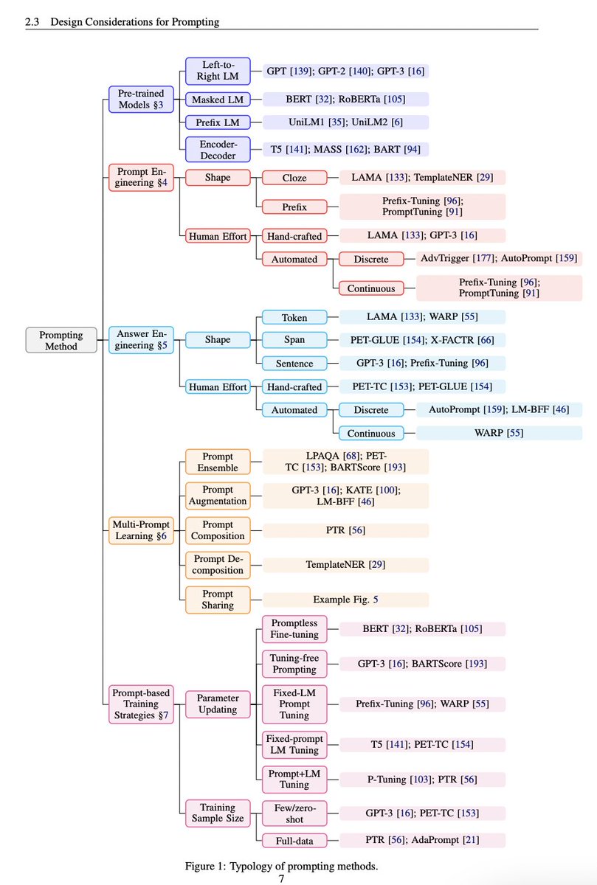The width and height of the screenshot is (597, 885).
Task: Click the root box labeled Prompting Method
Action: [x=61, y=340]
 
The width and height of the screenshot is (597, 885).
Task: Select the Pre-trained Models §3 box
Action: [x=141, y=99]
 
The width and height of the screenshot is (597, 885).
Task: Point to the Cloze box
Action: [x=295, y=177]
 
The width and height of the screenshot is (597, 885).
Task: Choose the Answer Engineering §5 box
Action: [x=141, y=339]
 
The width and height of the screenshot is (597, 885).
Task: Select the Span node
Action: [x=295, y=339]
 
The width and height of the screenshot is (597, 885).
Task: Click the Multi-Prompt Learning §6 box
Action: [x=141, y=530]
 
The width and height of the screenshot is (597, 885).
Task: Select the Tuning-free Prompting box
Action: [x=295, y=664]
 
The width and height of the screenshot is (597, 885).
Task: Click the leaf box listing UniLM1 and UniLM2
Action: [x=346, y=122]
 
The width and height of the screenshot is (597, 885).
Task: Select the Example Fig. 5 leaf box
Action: [x=346, y=600]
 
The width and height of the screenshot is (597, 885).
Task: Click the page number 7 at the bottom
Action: [x=281, y=878]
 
